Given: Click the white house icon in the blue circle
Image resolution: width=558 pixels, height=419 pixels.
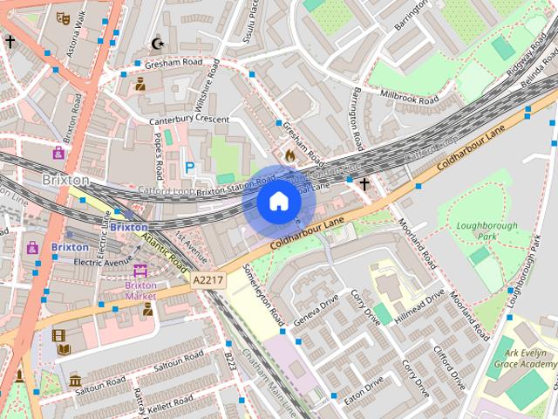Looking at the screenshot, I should [x=278, y=202].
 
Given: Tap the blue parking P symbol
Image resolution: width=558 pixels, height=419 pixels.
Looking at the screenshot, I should [x=189, y=166].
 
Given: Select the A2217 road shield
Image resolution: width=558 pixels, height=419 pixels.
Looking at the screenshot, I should [x=208, y=279].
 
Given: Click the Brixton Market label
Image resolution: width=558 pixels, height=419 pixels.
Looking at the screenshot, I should [x=140, y=290].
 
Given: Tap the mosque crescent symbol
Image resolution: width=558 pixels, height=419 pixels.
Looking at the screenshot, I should [x=158, y=43].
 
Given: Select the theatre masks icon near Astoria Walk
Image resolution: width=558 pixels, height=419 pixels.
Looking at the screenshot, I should [x=62, y=17].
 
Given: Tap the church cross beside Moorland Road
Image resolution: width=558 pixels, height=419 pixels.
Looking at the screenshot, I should [x=363, y=183].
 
